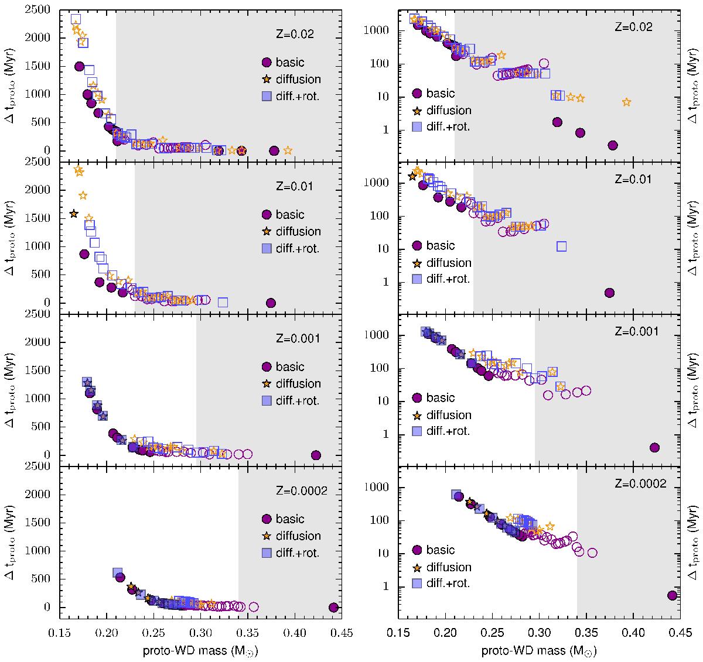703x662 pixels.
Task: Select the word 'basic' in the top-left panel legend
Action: [290, 63]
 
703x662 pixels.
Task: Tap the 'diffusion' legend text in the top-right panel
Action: [449, 110]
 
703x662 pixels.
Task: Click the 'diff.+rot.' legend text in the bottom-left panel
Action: [298, 553]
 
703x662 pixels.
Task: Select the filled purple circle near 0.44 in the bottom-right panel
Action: [673, 595]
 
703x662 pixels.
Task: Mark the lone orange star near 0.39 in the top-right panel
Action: [627, 102]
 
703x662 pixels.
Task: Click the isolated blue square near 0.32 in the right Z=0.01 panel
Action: [562, 246]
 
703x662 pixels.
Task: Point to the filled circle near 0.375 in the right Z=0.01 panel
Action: [609, 293]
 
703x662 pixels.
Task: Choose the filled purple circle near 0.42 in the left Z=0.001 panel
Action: [316, 455]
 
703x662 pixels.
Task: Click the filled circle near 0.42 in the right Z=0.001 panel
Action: [655, 447]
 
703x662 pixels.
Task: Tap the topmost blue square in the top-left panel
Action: [76, 19]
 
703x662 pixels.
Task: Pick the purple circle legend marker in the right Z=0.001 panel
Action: [418, 398]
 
